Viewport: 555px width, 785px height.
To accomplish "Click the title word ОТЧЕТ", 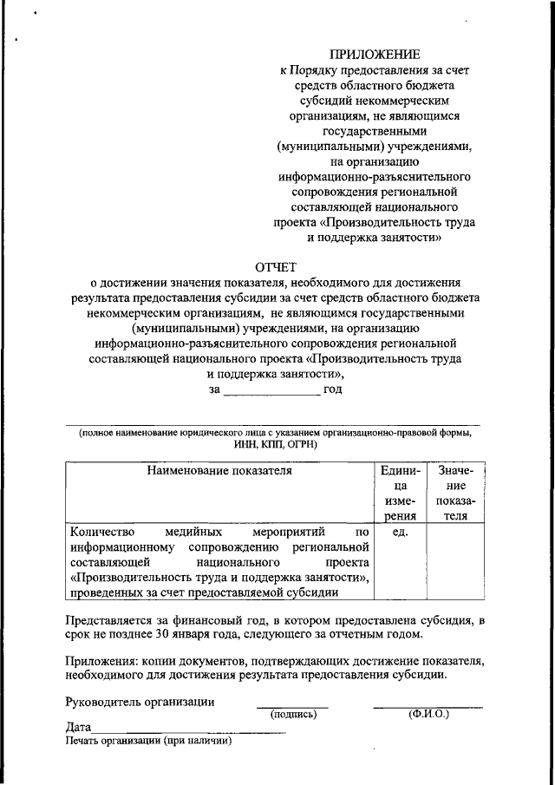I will click(x=276, y=266).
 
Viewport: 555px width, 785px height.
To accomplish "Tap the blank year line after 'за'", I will click(x=271, y=390).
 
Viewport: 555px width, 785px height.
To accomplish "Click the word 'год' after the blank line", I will click(x=332, y=389).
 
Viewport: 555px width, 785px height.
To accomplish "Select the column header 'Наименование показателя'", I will click(x=219, y=472).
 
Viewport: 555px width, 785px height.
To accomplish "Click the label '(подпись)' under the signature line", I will click(x=293, y=715).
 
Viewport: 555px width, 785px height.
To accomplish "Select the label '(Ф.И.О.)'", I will click(x=428, y=715).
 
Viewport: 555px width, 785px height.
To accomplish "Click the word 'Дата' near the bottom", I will click(x=78, y=728).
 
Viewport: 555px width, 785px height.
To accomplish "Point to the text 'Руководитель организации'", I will click(x=140, y=702).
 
